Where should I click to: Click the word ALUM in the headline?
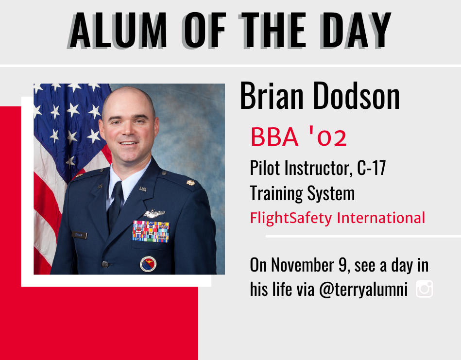coord(118,31)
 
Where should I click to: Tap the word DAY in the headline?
coord(356,31)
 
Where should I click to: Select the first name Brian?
coord(272,96)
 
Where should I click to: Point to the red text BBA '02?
coord(299,137)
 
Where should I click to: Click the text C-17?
coord(371,168)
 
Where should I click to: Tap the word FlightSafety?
coord(291,218)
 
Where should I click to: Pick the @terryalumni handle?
coord(363,290)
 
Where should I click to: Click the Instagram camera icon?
coord(424,289)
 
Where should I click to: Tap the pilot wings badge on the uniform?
coord(154,214)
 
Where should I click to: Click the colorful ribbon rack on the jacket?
coord(151,231)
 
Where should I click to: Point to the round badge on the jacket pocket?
coord(148,264)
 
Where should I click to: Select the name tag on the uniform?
coord(79,235)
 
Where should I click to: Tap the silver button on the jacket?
coord(105,264)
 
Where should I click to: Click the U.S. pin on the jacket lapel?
coord(143,189)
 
